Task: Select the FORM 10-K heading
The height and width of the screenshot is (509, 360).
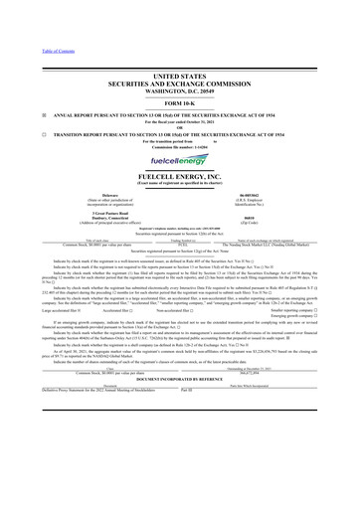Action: click(x=180, y=76)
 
